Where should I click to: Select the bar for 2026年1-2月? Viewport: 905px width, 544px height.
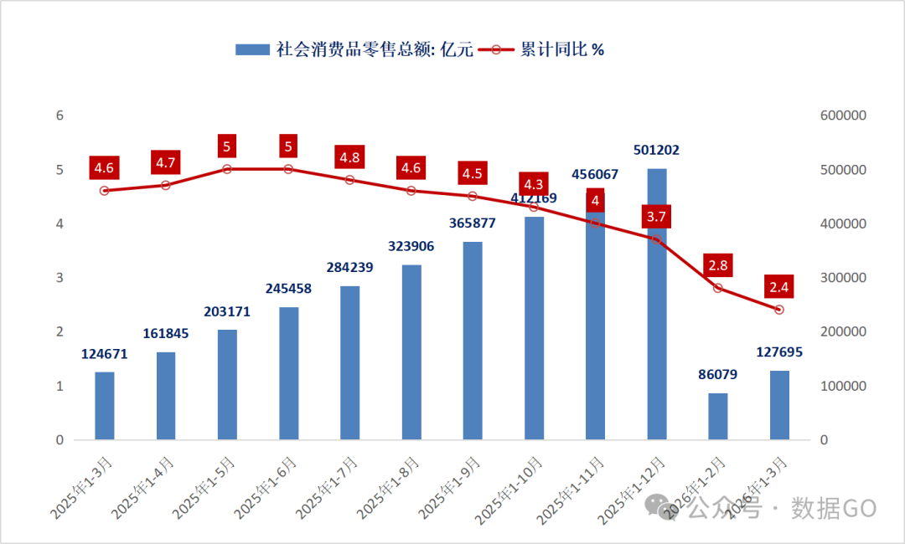(x=718, y=416)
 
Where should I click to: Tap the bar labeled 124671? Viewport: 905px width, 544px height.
(x=104, y=406)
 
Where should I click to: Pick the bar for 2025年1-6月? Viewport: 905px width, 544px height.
(x=288, y=373)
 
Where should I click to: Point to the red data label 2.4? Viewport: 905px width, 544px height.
(x=779, y=288)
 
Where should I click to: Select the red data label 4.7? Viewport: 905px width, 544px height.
(x=166, y=163)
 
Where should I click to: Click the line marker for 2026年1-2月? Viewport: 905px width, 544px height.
(x=718, y=288)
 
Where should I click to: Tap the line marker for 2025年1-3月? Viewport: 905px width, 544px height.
(x=104, y=191)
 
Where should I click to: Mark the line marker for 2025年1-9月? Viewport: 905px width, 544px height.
(x=473, y=196)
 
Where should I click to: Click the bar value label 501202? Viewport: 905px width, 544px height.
(x=657, y=151)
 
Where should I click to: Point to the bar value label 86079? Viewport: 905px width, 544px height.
(x=718, y=375)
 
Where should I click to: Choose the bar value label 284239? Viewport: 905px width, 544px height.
(x=349, y=268)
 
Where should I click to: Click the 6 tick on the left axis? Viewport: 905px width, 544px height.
(x=59, y=115)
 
